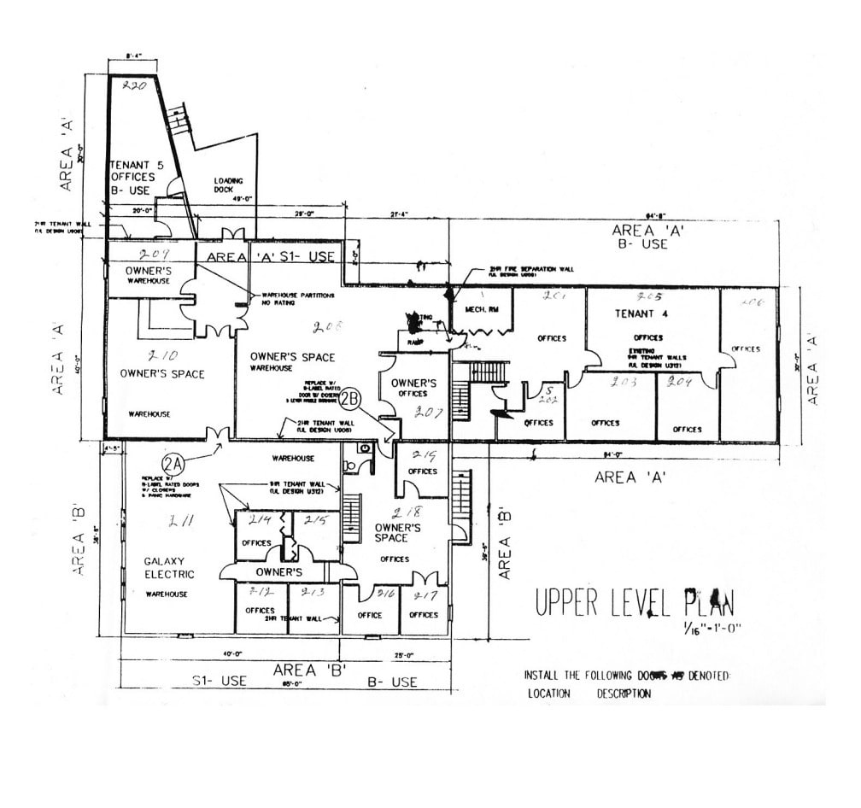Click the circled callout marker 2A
tap(174, 464)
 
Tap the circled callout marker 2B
tap(351, 398)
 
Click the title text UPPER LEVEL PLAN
tap(634, 602)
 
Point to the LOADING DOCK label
tap(229, 184)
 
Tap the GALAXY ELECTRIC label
tap(169, 567)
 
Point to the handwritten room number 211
tap(180, 520)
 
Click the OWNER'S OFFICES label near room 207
tap(414, 388)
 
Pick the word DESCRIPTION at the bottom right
tap(624, 694)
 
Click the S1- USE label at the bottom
tap(219, 682)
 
